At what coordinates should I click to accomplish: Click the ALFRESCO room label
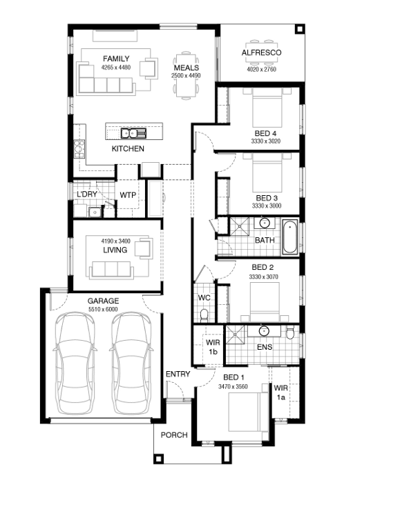(261, 52)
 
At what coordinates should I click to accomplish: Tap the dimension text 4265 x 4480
(116, 68)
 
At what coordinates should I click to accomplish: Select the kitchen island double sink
(133, 133)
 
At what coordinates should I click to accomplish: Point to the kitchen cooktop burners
(79, 148)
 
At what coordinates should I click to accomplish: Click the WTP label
(128, 195)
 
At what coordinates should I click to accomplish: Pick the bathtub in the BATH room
(290, 237)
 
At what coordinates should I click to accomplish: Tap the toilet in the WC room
(204, 316)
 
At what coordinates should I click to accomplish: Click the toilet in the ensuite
(290, 332)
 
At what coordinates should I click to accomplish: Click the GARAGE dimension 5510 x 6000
(103, 310)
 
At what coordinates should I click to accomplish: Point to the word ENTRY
(178, 374)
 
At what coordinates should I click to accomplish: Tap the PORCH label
(174, 435)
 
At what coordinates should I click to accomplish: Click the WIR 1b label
(213, 347)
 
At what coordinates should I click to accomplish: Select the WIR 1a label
(280, 392)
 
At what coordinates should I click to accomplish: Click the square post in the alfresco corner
(300, 30)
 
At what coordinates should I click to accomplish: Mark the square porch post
(158, 459)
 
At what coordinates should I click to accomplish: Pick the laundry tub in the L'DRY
(95, 212)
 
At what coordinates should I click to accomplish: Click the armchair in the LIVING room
(144, 248)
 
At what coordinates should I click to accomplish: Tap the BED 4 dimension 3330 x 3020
(265, 141)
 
